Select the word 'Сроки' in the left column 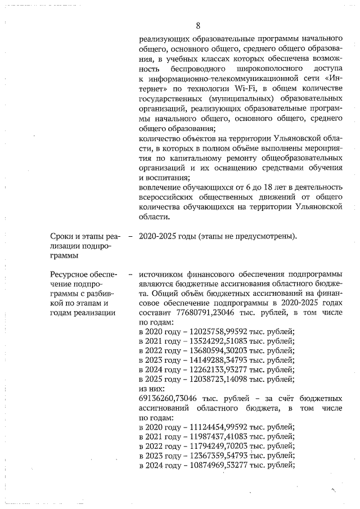point(61,237)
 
